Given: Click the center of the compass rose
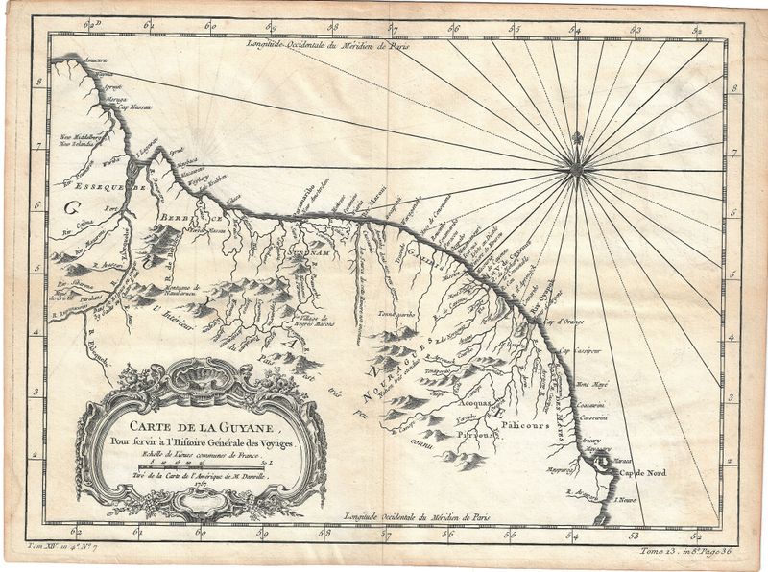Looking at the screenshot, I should [577, 170].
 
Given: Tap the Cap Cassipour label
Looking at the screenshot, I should [595, 351].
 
